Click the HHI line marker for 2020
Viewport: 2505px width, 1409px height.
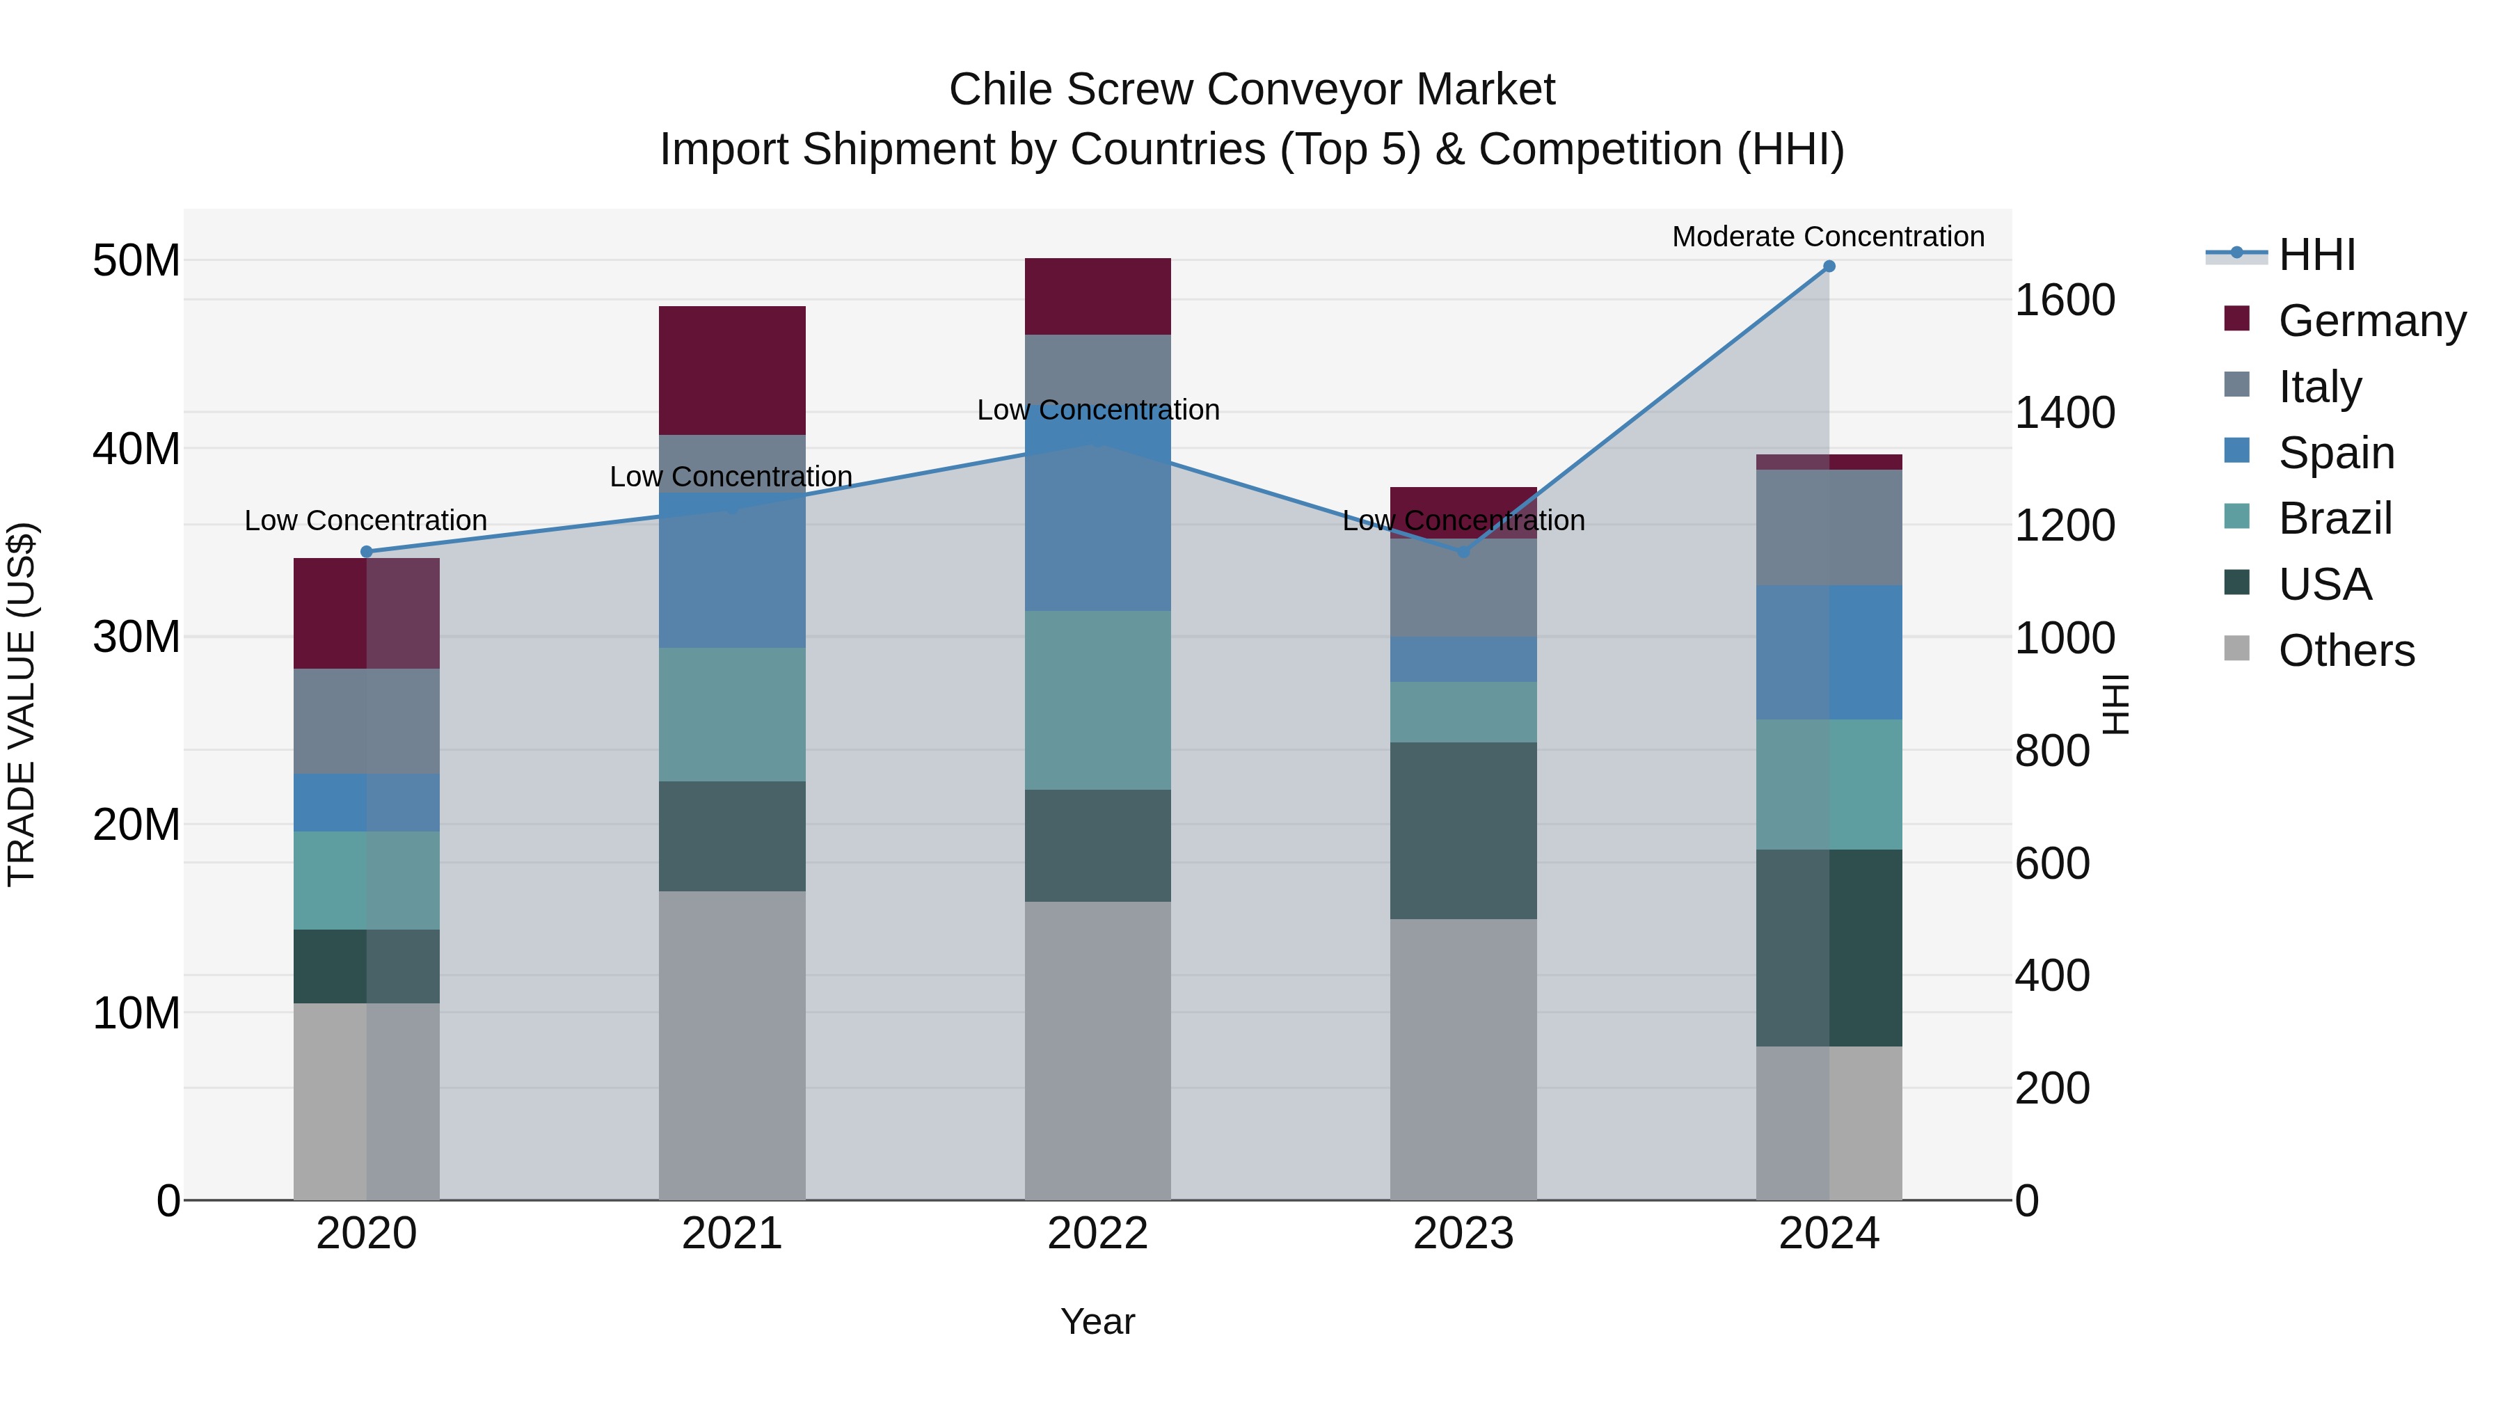pos(367,551)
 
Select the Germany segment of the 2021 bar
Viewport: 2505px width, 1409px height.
pos(731,369)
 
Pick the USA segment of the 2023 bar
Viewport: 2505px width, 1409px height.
pos(1463,829)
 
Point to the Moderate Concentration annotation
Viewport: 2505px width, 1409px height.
pos(1827,237)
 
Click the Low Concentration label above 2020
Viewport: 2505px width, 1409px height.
pos(365,520)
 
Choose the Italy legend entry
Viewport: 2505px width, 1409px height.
pos(2319,386)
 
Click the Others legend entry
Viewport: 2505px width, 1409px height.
pos(2346,650)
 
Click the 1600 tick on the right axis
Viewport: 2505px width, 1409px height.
pos(2064,299)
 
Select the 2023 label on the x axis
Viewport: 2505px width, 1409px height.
pos(1463,1233)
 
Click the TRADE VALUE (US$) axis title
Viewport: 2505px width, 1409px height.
pos(22,704)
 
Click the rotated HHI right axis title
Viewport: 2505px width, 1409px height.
pos(2114,704)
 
